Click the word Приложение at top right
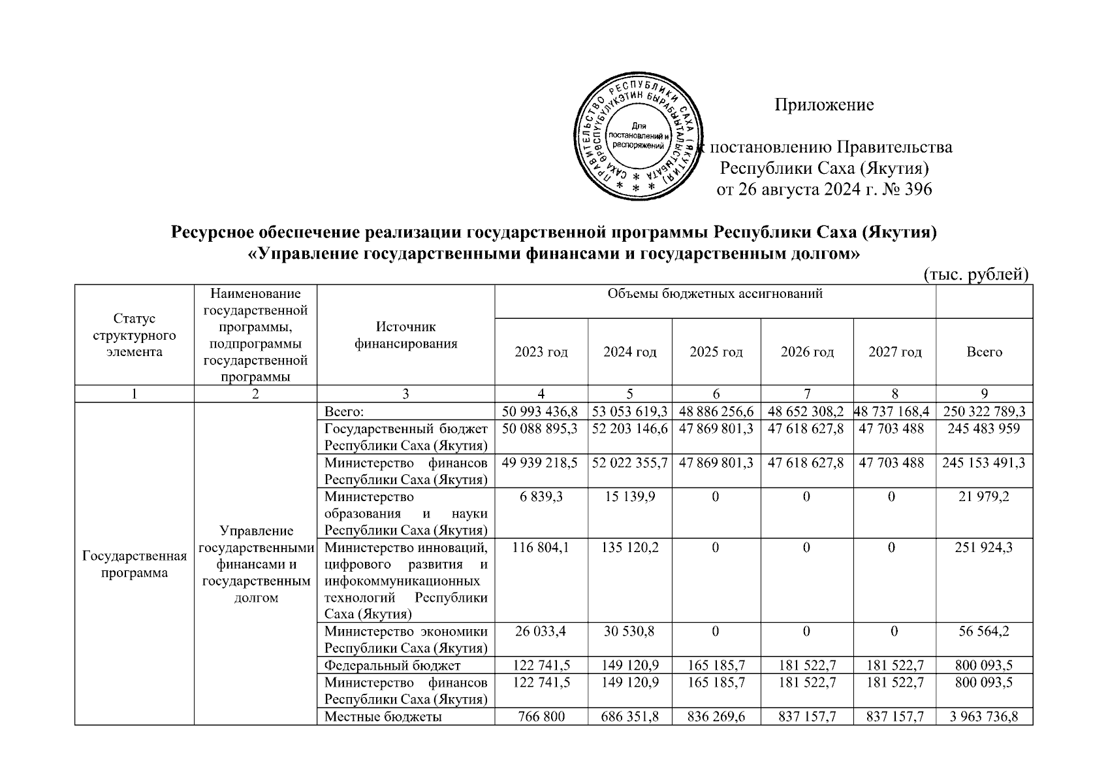824,105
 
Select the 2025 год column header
716,352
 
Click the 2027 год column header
894,352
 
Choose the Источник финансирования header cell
405,335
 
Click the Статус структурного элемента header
135,335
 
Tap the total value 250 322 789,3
984,411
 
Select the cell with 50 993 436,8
541,411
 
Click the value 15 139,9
629,497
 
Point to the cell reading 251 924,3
984,547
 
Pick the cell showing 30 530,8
629,631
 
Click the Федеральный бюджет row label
392,665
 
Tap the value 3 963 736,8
984,716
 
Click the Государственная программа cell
135,564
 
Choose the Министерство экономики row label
405,640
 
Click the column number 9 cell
984,393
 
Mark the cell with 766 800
541,716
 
